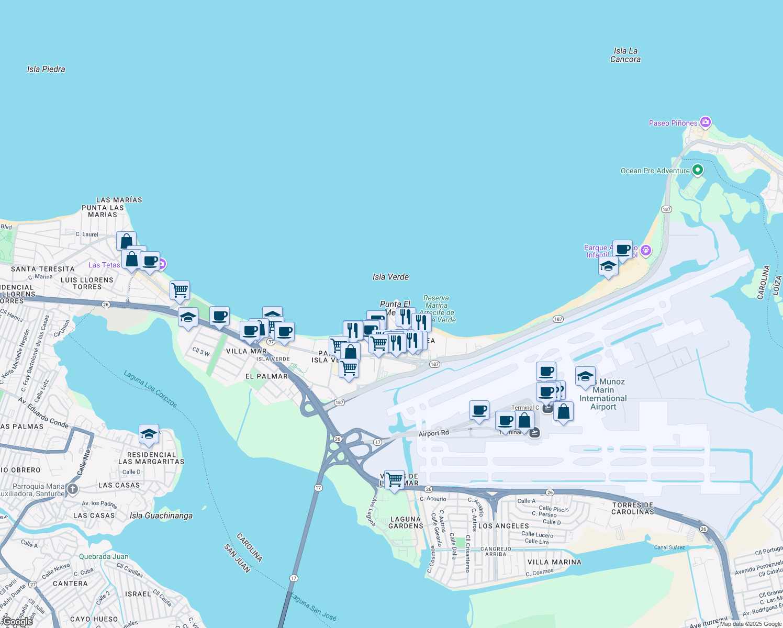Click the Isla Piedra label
[x=46, y=69]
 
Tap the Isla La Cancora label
[x=625, y=55]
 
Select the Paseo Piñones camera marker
[x=706, y=122]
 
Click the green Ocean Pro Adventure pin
[x=697, y=170]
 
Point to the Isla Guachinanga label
[x=161, y=516]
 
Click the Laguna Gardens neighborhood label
[x=406, y=523]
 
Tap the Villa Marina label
[x=554, y=562]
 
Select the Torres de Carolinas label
[x=633, y=508]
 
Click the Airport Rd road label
[x=433, y=433]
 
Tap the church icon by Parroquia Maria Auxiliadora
[x=72, y=489]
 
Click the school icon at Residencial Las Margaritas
[x=149, y=434]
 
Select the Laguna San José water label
[x=314, y=607]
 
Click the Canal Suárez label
[x=669, y=547]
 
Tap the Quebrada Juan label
[x=104, y=557]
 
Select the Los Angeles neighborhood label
[x=504, y=526]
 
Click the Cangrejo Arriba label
[x=496, y=552]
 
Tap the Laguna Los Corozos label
[x=151, y=389]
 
